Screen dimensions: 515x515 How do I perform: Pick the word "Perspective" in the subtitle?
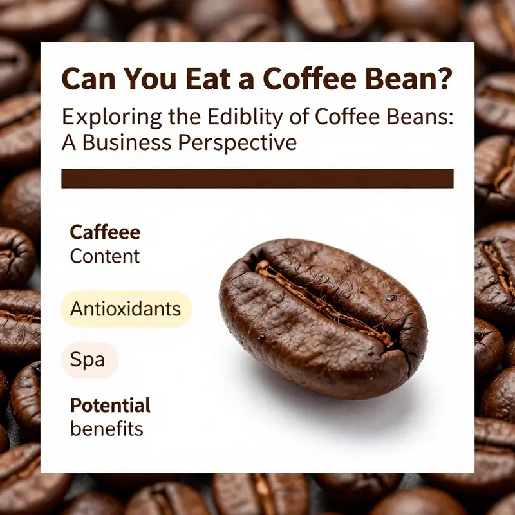[x=241, y=143]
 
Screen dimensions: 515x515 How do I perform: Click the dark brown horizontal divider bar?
[x=257, y=178]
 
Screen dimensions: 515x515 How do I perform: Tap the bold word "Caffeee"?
[x=104, y=232]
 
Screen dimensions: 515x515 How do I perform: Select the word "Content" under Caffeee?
[x=104, y=256]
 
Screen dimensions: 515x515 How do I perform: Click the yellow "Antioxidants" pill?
[x=126, y=308]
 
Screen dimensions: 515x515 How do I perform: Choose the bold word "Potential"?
[x=110, y=406]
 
